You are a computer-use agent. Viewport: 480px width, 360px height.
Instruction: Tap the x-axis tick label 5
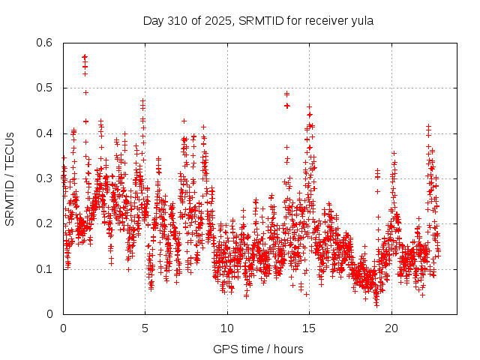(145, 328)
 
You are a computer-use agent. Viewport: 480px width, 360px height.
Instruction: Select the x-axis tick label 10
(227, 328)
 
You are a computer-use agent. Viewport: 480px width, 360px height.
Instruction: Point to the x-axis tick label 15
(310, 328)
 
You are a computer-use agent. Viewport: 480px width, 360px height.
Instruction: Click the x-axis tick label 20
(391, 328)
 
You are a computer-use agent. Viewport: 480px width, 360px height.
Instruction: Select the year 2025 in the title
(218, 20)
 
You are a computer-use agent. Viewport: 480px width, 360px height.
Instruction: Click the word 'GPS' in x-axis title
(225, 349)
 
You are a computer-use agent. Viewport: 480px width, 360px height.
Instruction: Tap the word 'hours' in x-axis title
(288, 349)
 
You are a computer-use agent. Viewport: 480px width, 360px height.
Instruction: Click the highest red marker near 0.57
(85, 56)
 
